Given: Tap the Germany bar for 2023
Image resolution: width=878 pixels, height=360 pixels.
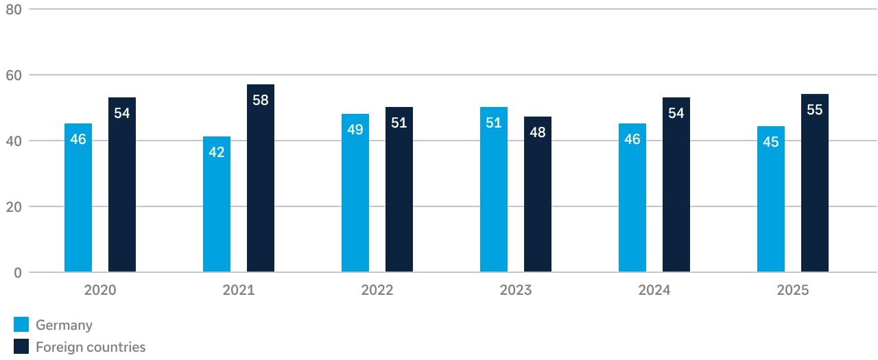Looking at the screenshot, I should coord(494,199).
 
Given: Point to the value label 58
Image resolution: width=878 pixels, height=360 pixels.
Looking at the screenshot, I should coord(261,100).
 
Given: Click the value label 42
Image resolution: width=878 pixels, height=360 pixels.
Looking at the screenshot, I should coord(217,152).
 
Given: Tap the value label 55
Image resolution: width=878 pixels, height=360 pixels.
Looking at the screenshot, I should coord(815,110).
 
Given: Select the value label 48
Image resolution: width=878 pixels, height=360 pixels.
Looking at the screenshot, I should coord(538,132).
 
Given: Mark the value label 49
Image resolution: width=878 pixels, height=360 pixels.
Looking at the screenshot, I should coord(355,130).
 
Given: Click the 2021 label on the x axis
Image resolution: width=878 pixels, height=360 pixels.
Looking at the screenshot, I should coord(239,290).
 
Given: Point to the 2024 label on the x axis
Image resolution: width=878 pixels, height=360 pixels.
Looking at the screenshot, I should coord(654,290).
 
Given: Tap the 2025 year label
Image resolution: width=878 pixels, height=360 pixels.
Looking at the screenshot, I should coord(793,290).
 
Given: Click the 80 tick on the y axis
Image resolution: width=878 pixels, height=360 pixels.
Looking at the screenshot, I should coord(14,10).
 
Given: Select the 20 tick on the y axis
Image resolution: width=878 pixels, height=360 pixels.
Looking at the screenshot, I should coord(14,207).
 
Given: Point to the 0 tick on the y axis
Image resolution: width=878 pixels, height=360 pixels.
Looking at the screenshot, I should coord(17,273).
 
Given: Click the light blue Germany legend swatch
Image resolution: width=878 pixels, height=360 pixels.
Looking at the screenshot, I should coord(21,325).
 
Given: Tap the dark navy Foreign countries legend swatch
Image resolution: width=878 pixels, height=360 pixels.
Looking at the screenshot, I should coord(21,347).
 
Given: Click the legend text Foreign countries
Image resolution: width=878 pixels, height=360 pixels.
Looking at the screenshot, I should coord(91,347).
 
